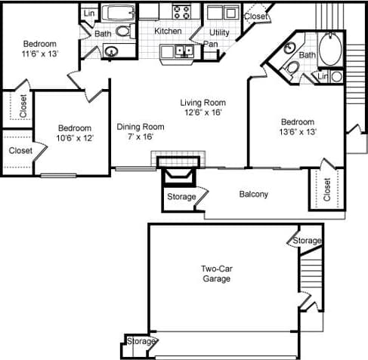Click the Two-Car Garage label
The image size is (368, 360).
click(x=216, y=273)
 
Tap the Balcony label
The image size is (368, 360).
click(x=254, y=194)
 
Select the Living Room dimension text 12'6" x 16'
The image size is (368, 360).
click(x=203, y=112)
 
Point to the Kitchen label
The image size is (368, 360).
click(x=168, y=31)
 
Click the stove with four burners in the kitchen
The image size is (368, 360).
click(x=181, y=11)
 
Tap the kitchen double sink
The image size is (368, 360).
click(x=182, y=51)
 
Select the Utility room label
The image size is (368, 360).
click(x=220, y=32)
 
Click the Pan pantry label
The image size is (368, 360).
click(x=212, y=44)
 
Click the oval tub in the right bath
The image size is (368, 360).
click(x=331, y=50)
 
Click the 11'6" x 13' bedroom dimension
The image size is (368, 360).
click(x=39, y=54)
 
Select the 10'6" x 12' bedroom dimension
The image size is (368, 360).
click(x=75, y=138)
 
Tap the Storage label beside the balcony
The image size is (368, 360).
click(x=181, y=197)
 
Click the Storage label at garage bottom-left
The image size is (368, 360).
click(x=141, y=342)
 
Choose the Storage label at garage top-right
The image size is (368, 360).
click(x=308, y=240)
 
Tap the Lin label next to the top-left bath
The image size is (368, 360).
click(x=89, y=14)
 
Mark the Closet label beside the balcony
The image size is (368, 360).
click(x=327, y=189)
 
